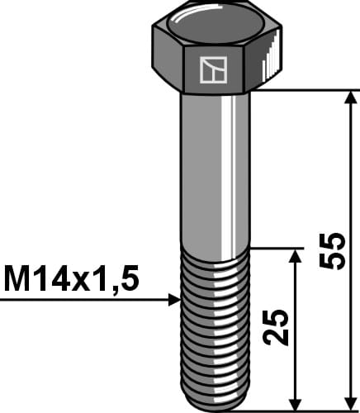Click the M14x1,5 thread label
tap(70, 280)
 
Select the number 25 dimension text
tap(279, 328)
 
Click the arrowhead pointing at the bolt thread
tap(173, 300)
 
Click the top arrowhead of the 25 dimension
tap(294, 255)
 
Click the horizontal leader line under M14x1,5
tap(83, 300)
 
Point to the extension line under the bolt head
tap(306, 89)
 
